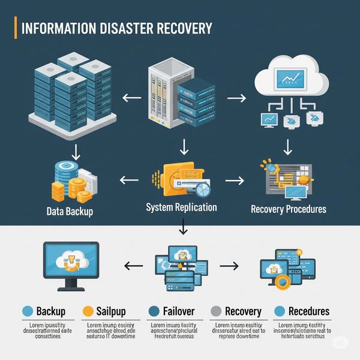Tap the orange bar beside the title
(x=15, y=28)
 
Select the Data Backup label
(x=70, y=211)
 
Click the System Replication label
(x=181, y=208)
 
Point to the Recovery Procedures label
(x=288, y=209)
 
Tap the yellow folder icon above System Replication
(x=177, y=177)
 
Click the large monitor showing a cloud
(x=70, y=263)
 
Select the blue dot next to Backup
(x=26, y=311)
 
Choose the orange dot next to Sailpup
(x=88, y=311)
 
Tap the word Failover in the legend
(x=179, y=311)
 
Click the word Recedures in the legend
(x=309, y=311)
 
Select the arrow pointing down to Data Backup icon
(x=74, y=149)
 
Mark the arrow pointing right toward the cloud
(x=238, y=97)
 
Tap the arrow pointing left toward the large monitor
(x=133, y=264)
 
